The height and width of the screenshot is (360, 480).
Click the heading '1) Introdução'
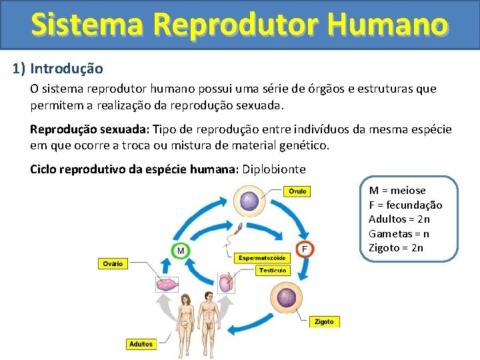(58, 69)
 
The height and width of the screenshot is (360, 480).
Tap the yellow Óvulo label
(297, 191)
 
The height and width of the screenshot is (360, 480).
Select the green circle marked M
(179, 250)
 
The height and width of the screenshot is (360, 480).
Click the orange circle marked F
(305, 249)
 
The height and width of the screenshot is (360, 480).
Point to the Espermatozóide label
(261, 257)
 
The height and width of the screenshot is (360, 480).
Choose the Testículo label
(273, 271)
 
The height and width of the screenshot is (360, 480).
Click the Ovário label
(113, 264)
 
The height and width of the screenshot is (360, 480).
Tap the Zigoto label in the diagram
(324, 321)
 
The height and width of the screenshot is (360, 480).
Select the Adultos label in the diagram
(141, 345)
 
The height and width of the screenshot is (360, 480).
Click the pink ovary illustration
(166, 285)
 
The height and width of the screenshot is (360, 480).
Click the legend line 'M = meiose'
(397, 191)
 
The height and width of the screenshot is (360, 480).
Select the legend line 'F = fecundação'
(405, 205)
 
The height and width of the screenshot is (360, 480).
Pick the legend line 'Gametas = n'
(399, 234)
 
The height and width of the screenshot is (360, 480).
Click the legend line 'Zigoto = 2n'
(396, 248)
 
